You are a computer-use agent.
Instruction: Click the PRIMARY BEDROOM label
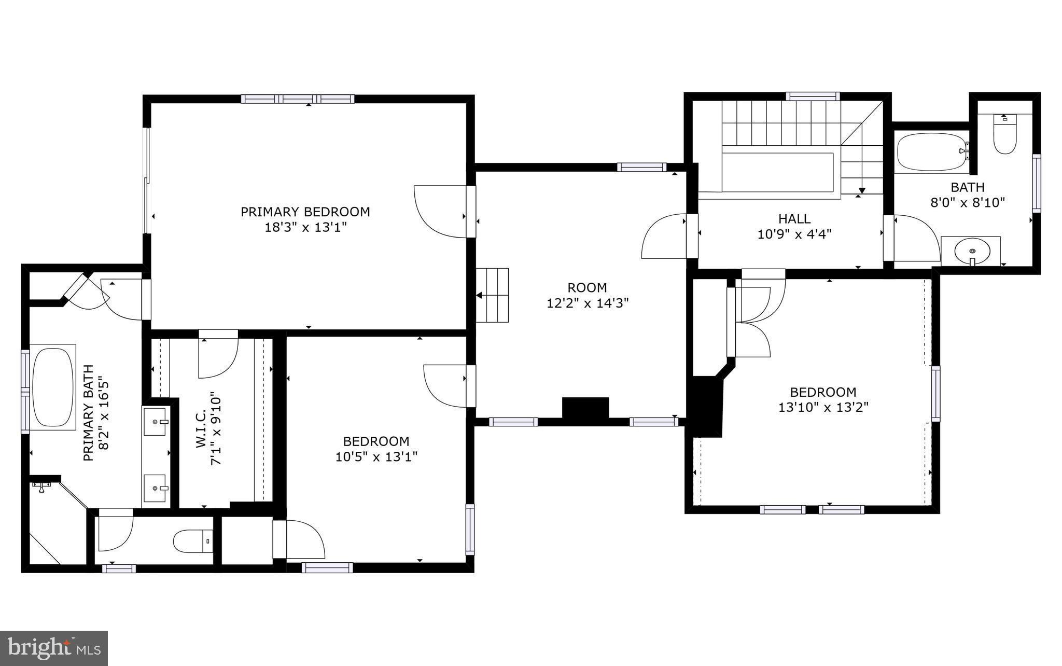click(305, 212)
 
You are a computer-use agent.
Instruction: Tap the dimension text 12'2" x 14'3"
click(587, 303)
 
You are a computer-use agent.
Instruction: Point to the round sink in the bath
click(972, 252)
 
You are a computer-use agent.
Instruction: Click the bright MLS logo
click(53, 648)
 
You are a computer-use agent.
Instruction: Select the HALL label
click(794, 219)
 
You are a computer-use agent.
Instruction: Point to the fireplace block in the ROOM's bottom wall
click(585, 408)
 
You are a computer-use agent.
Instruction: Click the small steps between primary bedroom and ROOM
click(493, 295)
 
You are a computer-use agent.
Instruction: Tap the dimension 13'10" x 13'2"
click(823, 407)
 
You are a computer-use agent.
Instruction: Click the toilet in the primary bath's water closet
click(192, 541)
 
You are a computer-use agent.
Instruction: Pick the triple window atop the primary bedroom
click(298, 99)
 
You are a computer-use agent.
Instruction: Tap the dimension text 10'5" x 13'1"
click(376, 456)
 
